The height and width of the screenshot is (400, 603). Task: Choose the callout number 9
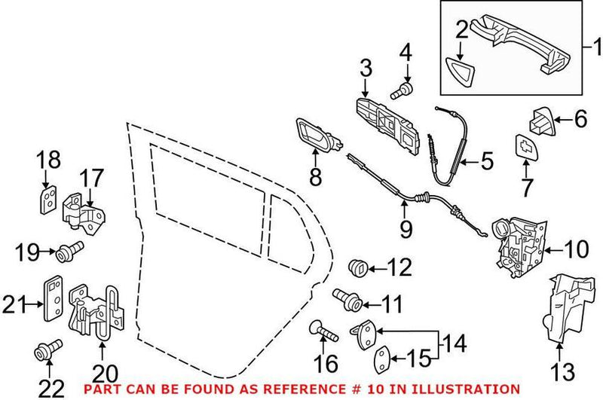click(x=406, y=228)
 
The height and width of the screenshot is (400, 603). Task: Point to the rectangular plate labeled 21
click(x=54, y=302)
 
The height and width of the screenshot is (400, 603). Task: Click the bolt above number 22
click(x=46, y=350)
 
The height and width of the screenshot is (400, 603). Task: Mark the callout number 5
click(x=486, y=160)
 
